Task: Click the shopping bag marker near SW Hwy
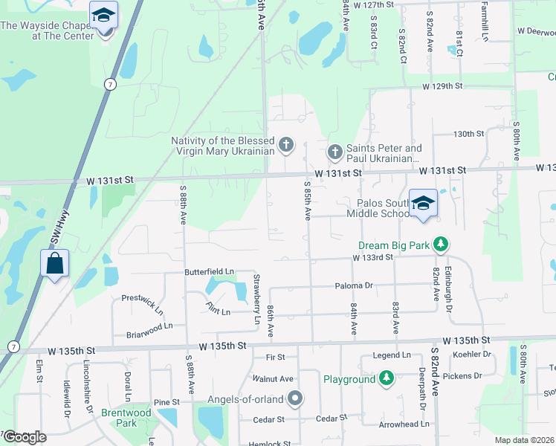(55, 263)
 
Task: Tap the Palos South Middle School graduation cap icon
(423, 203)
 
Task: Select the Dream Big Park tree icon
(441, 244)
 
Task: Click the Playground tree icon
(386, 379)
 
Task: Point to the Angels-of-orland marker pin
(295, 399)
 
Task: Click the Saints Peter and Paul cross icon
(335, 152)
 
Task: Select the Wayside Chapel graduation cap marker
(103, 16)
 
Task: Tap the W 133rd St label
(372, 257)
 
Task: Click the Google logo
(25, 437)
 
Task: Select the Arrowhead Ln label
(404, 424)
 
